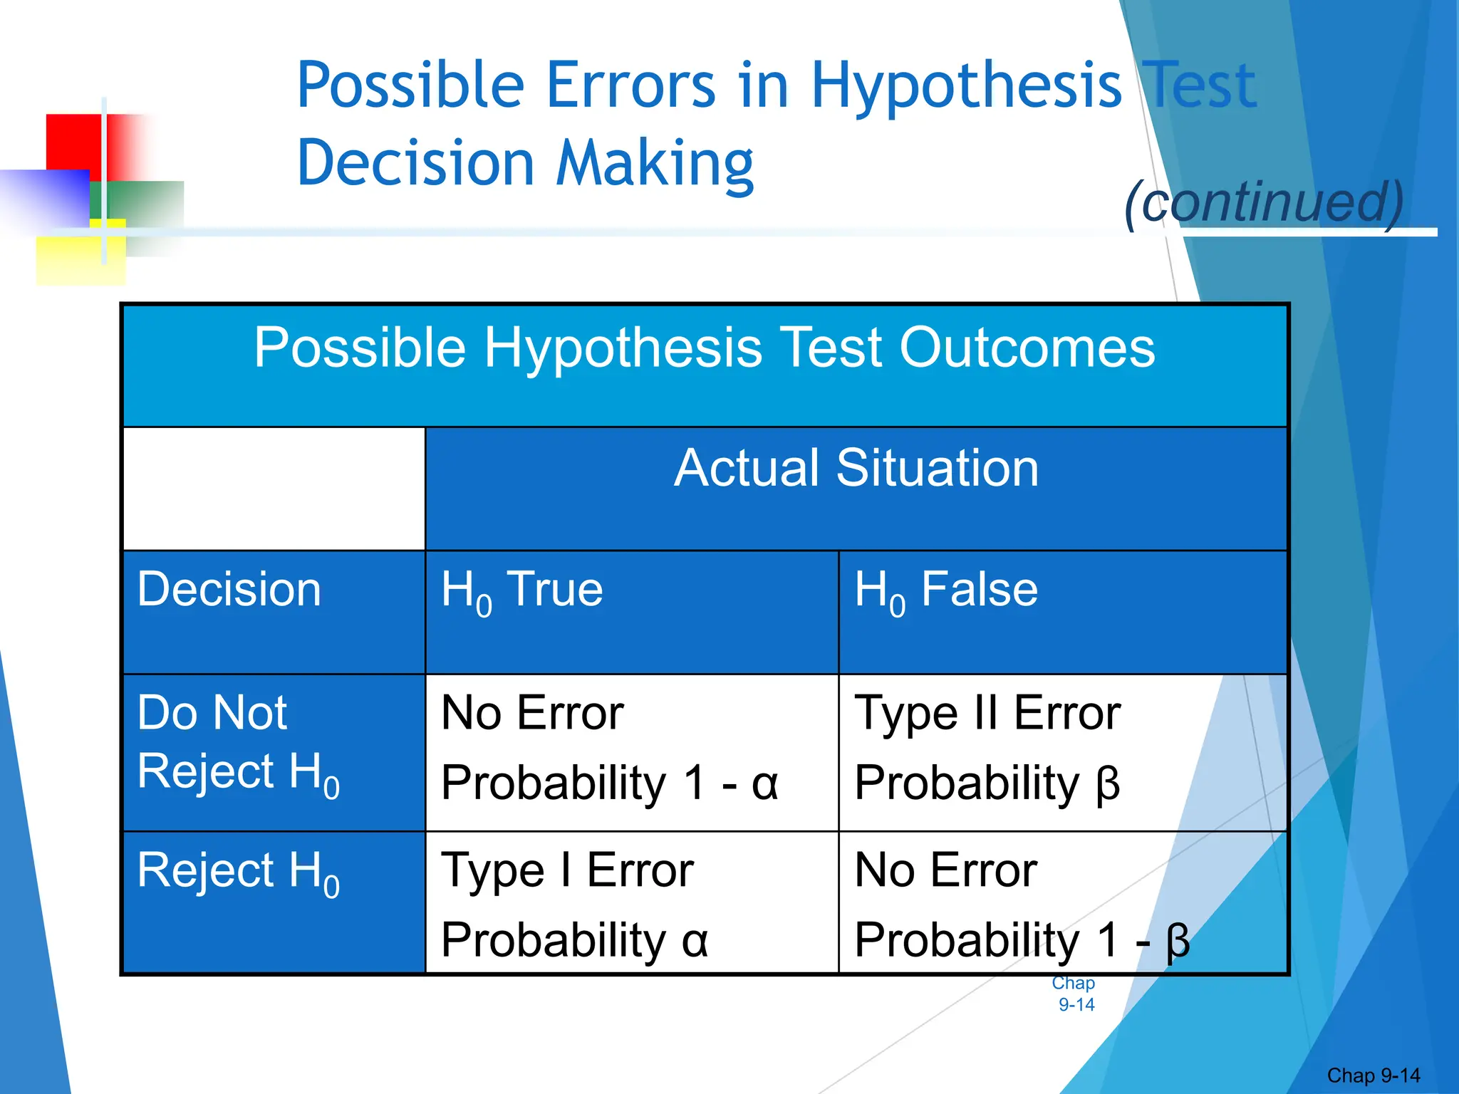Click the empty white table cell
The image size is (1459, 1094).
[x=274, y=489]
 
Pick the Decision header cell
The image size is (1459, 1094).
[x=229, y=590]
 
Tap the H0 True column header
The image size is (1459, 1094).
[x=521, y=591]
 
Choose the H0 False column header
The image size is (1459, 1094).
[x=945, y=591]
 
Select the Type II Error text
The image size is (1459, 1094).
[x=987, y=713]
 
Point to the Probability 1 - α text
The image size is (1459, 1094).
[x=609, y=783]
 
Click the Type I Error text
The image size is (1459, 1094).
[x=567, y=870]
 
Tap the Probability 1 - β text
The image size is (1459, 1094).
[x=1022, y=940]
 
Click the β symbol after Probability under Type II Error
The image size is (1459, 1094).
[x=1108, y=784]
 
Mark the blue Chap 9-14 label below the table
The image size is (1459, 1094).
[x=1074, y=994]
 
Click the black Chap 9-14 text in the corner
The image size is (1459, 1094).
[x=1373, y=1075]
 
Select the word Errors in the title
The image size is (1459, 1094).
[x=630, y=85]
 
